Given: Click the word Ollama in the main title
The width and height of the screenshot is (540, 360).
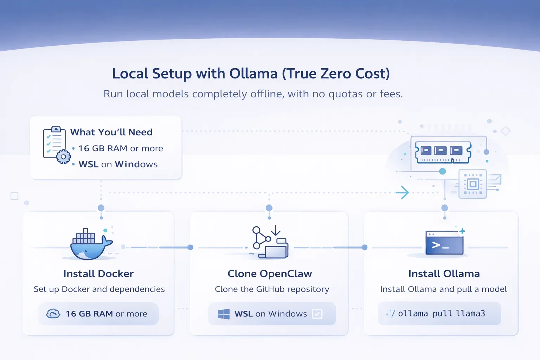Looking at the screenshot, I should point(253,73).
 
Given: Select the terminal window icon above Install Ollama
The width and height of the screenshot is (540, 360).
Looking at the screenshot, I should point(444,243).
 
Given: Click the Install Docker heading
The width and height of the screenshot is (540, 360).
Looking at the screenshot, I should point(98,274).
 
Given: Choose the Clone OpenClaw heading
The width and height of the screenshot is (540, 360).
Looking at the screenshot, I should point(270,274).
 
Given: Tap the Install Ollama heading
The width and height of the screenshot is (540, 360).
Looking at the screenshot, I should point(444,274).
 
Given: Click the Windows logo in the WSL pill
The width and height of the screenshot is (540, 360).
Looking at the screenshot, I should point(224,314).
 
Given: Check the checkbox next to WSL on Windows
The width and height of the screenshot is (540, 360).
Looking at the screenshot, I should point(317,314).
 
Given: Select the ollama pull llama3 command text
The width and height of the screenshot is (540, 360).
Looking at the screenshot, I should point(442,313).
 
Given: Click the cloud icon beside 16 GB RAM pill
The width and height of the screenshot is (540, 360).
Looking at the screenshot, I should point(53,314).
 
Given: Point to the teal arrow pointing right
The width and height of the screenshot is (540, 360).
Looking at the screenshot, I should point(403,193).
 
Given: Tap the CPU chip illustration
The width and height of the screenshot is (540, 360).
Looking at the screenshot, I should point(473,184).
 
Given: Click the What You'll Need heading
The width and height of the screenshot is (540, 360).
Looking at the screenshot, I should point(111,132).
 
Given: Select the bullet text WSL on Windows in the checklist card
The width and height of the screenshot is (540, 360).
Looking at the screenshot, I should point(118,164).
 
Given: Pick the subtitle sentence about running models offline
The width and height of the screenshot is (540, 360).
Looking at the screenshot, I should point(253,94).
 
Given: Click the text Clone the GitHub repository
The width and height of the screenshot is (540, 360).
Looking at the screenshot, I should point(272,289).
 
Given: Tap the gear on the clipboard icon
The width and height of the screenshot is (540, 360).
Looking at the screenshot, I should point(63,157).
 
